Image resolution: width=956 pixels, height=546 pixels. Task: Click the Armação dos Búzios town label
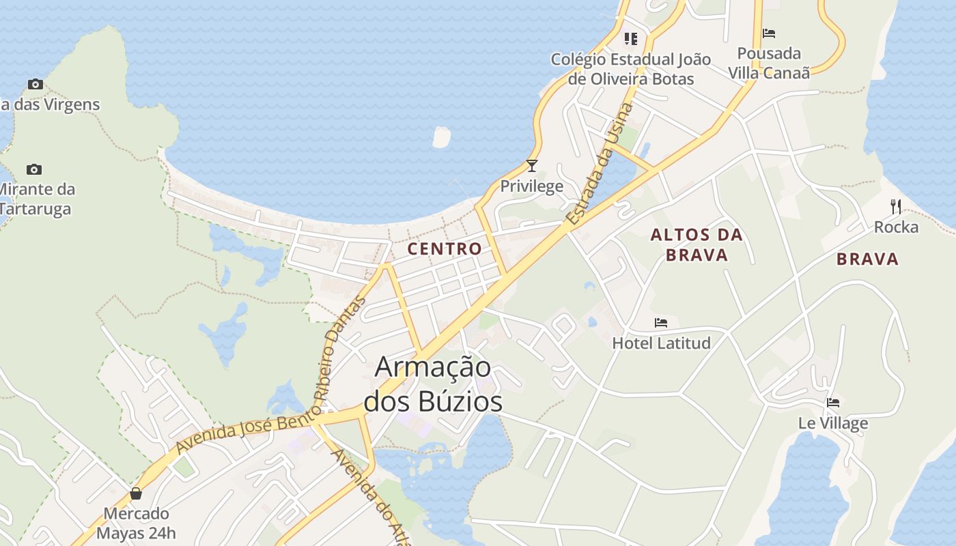coord(433,384)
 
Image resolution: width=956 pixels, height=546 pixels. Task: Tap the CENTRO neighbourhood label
coord(445,248)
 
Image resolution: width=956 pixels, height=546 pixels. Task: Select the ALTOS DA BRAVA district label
coord(696,244)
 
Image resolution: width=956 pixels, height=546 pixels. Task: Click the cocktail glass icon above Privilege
coord(532,166)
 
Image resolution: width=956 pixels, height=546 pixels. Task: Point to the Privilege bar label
coord(532,186)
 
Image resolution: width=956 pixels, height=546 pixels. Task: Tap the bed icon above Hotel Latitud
coord(661,323)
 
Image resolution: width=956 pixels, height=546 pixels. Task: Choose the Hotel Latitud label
coord(661,343)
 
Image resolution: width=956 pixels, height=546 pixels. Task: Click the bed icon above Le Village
coord(833,403)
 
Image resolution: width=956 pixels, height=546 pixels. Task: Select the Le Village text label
coord(833,423)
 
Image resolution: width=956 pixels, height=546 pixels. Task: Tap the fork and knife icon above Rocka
coord(896,206)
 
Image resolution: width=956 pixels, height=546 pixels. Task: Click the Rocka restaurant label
coord(896,227)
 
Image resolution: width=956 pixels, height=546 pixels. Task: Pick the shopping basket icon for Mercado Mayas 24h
coord(136,493)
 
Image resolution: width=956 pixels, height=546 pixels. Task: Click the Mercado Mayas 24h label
coord(136,523)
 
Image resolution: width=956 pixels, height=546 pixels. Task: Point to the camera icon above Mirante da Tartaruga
coord(33,169)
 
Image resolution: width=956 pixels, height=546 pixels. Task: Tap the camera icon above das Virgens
coord(35,85)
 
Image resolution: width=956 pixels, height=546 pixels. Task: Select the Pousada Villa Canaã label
coord(769,63)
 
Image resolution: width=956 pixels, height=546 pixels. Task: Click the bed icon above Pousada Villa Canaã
coord(769,33)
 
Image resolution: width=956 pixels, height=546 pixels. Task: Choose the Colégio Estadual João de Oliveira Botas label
coord(631,69)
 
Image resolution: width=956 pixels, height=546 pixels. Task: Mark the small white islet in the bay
coord(442,136)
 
